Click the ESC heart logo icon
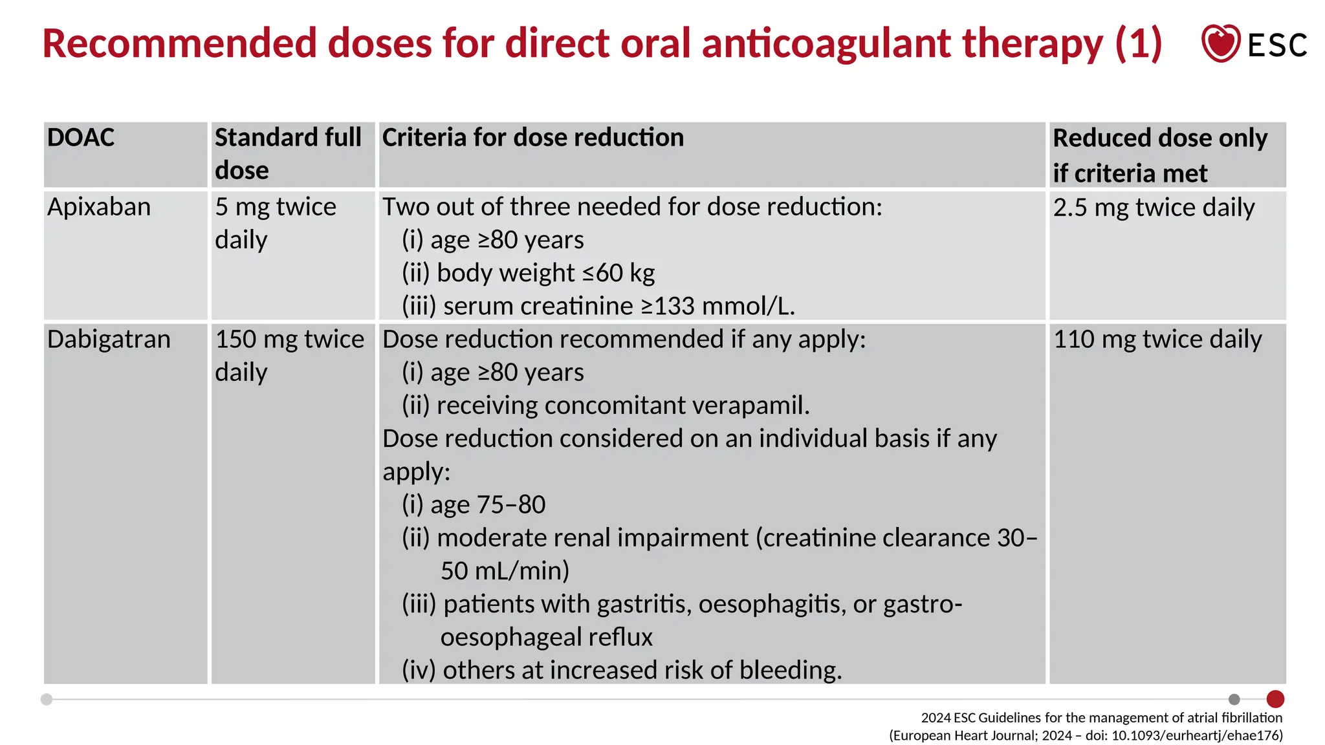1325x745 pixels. pos(1220,43)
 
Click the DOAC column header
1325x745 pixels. pos(81,138)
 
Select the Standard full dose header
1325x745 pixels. pos(288,154)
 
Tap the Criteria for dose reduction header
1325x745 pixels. pos(532,138)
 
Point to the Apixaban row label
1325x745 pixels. pos(99,207)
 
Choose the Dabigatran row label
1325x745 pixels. pos(109,340)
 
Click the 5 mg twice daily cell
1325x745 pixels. pos(276,223)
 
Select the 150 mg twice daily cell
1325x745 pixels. pos(289,355)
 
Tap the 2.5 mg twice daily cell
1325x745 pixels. pos(1154,208)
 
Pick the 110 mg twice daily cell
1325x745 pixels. pos(1157,340)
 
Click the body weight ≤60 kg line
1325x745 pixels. pos(528,273)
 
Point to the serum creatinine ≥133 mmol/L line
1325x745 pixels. pos(598,306)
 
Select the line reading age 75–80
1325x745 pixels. pos(474,504)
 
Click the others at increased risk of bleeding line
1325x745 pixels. pos(622,670)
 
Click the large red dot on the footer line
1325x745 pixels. pos(1275,699)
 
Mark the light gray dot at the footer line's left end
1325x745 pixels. pos(47,699)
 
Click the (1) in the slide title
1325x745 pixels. pos(1138,43)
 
